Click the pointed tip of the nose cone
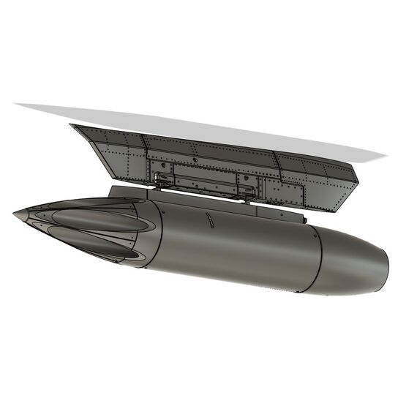[x=15, y=213]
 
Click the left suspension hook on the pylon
[x=163, y=179]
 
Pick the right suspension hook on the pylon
[x=249, y=192]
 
